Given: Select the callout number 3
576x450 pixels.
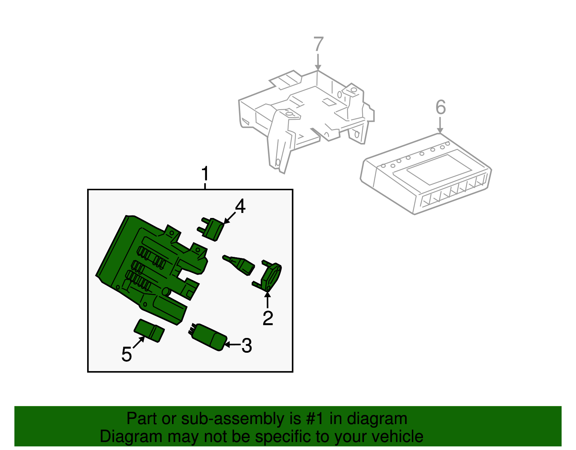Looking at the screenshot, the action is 247,346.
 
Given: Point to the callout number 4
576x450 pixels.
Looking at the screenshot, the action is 240,206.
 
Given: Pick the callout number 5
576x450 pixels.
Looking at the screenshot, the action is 126,354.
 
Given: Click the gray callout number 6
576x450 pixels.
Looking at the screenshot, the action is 441,107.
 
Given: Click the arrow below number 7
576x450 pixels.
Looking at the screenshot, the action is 318,62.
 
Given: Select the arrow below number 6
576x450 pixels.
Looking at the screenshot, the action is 440,125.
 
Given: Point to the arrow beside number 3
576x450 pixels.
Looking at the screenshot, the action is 232,345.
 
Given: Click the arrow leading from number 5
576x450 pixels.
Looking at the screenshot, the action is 139,342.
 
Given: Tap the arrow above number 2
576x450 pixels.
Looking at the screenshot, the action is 268,300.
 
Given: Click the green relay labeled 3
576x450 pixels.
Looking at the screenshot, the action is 208,337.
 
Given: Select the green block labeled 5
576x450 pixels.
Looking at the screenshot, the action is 149,330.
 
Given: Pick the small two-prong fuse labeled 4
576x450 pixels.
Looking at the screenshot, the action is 211,229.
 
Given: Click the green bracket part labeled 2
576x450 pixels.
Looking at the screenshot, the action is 267,276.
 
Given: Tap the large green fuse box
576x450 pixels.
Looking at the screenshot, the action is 152,269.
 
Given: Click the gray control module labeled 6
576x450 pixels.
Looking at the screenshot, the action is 426,174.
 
